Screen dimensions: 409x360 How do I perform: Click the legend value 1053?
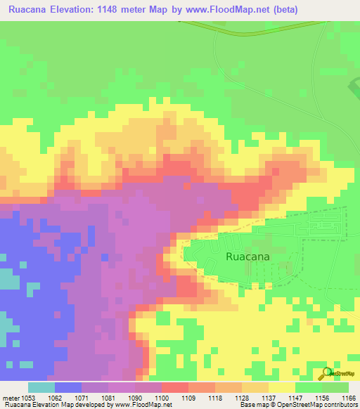pos(27,397)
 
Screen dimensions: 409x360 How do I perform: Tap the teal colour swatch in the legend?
pos(41,387)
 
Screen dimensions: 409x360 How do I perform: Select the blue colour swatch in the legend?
pos(68,387)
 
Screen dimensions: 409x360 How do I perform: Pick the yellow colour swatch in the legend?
pos(281,387)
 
